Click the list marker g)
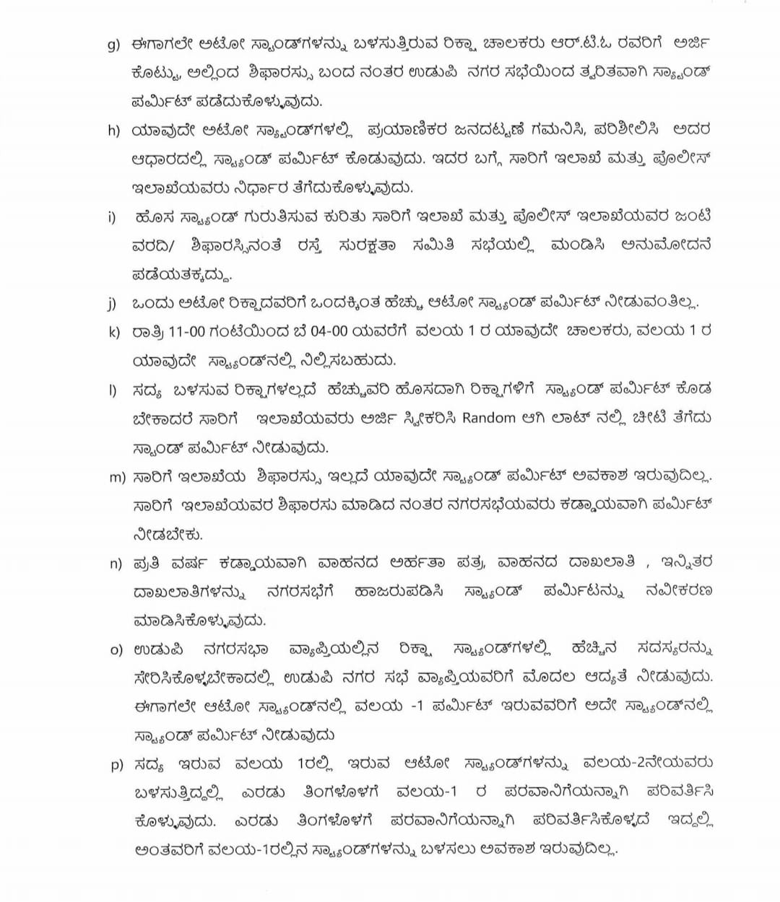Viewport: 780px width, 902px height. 113,45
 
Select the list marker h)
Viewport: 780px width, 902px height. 113,131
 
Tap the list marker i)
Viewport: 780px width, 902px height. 112,216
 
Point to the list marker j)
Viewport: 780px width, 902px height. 112,303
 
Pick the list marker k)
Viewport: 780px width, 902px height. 113,332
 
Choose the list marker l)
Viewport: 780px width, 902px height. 112,390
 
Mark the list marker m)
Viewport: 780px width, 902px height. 116,477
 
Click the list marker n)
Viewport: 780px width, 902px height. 115,563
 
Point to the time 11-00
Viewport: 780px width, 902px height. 187,332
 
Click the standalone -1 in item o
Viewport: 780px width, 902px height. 416,706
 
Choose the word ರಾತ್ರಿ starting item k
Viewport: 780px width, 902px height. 147,332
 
